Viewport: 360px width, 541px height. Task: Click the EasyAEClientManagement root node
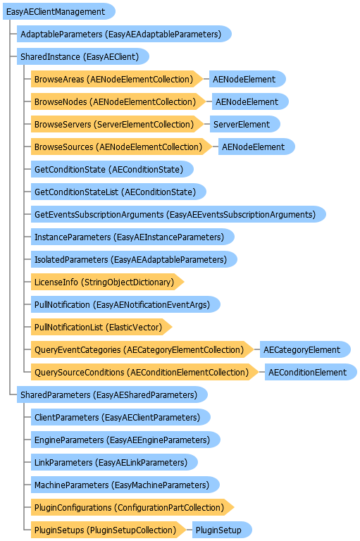point(59,12)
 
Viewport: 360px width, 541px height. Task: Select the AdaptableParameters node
point(124,34)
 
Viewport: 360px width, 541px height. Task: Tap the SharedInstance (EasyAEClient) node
point(83,56)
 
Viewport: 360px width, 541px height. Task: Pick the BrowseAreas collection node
point(117,80)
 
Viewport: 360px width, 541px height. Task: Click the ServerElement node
point(244,124)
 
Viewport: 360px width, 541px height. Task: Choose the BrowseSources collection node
point(121,147)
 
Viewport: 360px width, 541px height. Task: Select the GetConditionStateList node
point(118,192)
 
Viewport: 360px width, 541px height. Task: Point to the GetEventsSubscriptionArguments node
point(178,215)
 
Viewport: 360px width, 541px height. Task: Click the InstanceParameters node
point(132,237)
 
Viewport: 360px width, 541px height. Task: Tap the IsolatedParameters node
point(134,259)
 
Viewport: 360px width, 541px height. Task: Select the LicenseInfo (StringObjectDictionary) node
point(107,282)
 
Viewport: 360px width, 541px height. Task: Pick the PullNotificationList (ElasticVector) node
point(101,327)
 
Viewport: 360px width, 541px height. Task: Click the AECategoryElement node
point(306,350)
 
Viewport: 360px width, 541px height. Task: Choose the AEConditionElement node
point(311,372)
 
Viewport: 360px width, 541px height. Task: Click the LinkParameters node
point(114,462)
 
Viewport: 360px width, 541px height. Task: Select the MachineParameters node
point(125,485)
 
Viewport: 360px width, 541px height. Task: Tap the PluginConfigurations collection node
point(132,507)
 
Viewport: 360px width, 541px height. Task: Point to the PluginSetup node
point(222,530)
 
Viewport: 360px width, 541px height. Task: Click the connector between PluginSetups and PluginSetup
point(189,530)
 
